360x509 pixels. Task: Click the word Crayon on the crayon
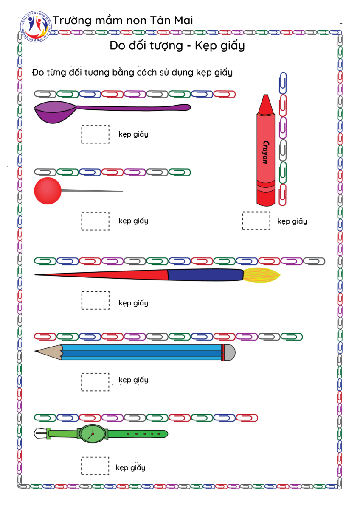tap(265, 152)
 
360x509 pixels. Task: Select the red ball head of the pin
tap(48, 190)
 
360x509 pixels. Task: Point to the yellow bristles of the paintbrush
tap(261, 275)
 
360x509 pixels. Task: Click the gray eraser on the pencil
tap(229, 352)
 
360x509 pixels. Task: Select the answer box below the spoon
tap(95, 134)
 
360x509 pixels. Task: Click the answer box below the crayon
tap(256, 221)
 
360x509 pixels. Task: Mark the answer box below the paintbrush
tap(95, 300)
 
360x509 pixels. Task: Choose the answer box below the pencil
tap(95, 382)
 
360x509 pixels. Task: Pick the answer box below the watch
tap(95, 466)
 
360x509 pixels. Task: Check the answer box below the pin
tap(95, 221)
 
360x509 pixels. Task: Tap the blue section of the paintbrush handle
tap(205, 275)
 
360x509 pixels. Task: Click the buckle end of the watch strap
tap(42, 433)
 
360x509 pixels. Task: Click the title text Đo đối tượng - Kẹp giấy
tap(177, 45)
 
